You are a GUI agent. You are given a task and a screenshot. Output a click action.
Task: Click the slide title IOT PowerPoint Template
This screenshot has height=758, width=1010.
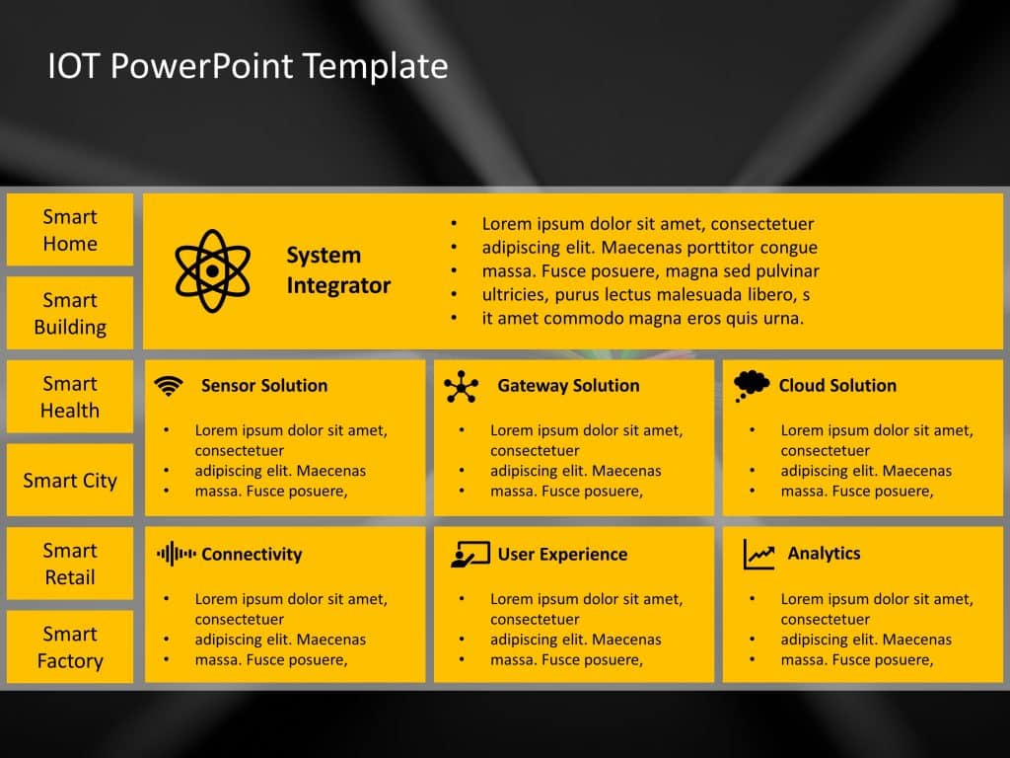tap(248, 66)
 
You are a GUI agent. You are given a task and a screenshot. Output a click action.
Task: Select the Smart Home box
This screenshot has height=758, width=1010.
tap(70, 229)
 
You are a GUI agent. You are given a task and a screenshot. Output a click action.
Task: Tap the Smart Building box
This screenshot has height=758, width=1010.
tap(70, 313)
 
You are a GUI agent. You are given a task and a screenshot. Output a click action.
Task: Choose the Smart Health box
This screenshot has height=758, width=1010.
tap(70, 397)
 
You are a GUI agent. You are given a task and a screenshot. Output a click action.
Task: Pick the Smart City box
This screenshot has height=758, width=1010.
tap(70, 480)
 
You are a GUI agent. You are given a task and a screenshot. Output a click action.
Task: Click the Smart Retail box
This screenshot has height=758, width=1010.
tap(70, 564)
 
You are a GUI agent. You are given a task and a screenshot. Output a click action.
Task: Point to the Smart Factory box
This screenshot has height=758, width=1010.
tap(70, 646)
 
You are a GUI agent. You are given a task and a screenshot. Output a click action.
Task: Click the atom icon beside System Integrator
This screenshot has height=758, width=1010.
tap(213, 270)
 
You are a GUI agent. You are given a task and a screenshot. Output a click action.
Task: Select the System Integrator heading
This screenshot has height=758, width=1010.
tap(339, 270)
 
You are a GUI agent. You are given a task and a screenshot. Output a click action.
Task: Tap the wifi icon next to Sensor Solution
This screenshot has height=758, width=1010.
tap(169, 386)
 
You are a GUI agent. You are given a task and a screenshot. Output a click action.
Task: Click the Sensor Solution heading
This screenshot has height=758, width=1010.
tap(264, 386)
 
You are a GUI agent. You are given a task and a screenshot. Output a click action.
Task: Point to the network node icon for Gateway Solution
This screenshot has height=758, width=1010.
tap(462, 387)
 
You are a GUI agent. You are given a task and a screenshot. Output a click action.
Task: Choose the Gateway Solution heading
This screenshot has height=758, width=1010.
tap(568, 386)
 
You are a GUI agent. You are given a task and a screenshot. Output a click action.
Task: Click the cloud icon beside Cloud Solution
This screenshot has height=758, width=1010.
tap(751, 386)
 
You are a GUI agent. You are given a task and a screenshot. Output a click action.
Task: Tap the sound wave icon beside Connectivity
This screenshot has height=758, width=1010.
tap(176, 554)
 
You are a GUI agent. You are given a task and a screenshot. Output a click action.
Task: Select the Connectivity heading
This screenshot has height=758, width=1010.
tap(252, 555)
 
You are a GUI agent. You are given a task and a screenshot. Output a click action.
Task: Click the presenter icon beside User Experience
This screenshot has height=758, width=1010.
tap(470, 555)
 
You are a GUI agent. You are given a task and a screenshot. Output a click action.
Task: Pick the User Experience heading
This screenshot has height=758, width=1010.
tap(562, 555)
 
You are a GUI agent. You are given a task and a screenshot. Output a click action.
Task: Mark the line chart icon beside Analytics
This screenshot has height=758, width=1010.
tap(758, 555)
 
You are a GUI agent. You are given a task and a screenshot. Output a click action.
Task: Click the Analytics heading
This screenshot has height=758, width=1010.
tap(824, 553)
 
